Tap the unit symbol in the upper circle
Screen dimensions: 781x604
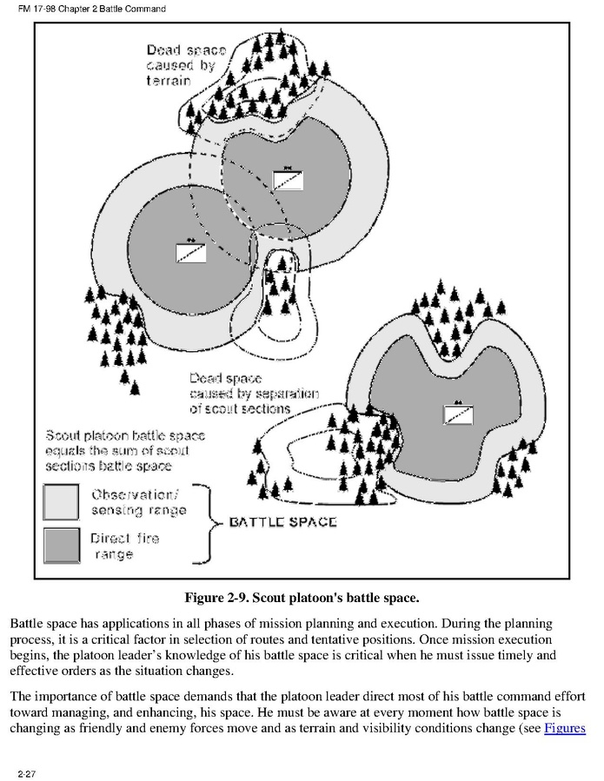287,179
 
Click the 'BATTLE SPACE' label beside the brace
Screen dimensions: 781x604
282,523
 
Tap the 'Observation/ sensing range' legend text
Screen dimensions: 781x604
138,502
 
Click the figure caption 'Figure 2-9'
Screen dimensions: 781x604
301,598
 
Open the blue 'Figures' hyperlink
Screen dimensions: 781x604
564,727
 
